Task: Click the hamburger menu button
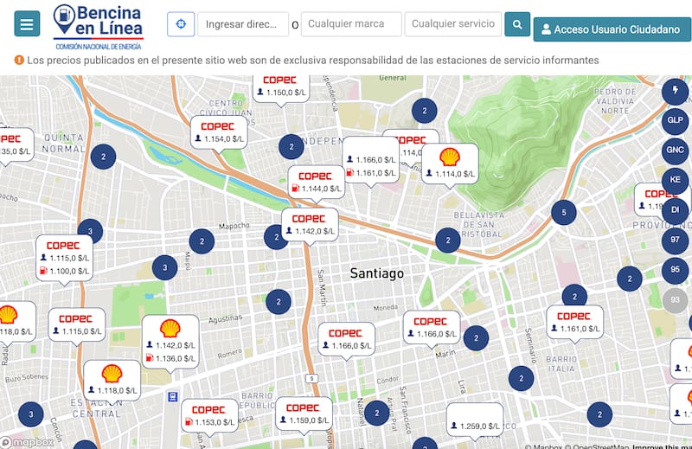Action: [x=27, y=24]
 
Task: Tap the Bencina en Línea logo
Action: [x=98, y=25]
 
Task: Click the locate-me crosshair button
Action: [x=181, y=24]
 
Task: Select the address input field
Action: [x=242, y=24]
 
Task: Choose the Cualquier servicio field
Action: [x=452, y=24]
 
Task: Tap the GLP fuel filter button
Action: [x=675, y=119]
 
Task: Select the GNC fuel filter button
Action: [x=675, y=150]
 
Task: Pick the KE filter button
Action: [x=675, y=180]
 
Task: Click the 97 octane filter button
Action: [x=675, y=240]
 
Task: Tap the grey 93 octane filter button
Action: [x=675, y=300]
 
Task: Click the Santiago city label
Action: [x=376, y=273]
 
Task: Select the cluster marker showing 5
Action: [x=564, y=212]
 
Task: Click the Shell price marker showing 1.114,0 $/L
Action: [x=449, y=164]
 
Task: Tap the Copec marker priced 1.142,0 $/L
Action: [x=309, y=225]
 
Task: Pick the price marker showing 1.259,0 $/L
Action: [x=475, y=420]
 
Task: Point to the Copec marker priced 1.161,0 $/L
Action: [x=573, y=323]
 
